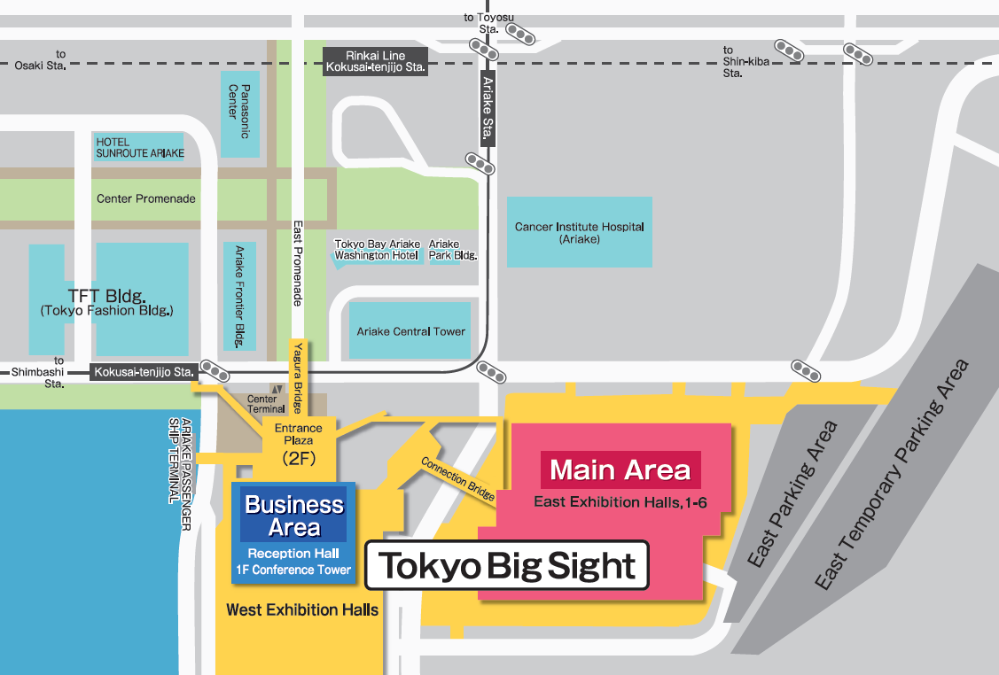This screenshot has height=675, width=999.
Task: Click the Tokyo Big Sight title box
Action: pyautogui.click(x=508, y=566)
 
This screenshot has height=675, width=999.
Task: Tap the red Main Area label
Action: pyautogui.click(x=620, y=469)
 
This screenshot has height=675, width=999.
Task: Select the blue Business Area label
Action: pyautogui.click(x=293, y=516)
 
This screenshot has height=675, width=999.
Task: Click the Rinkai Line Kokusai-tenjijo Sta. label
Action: pyautogui.click(x=376, y=60)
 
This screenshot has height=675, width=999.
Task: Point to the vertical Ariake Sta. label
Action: pyautogui.click(x=487, y=108)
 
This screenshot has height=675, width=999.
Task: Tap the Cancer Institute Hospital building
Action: pyautogui.click(x=579, y=232)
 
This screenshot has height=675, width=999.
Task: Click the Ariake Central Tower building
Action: pyautogui.click(x=410, y=331)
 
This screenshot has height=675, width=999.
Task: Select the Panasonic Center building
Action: pyautogui.click(x=239, y=113)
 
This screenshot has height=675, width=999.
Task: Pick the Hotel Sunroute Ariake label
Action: pyautogui.click(x=139, y=147)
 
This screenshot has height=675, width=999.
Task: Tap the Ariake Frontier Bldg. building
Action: pyautogui.click(x=239, y=296)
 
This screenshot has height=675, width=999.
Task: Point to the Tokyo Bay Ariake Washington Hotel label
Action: pyautogui.click(x=375, y=250)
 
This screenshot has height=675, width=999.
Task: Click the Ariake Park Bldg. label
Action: pyautogui.click(x=452, y=250)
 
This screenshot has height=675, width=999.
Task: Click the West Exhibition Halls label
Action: pyautogui.click(x=302, y=609)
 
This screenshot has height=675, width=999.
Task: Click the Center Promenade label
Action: pyautogui.click(x=145, y=198)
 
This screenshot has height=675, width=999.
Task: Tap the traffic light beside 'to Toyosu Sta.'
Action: pyautogui.click(x=524, y=36)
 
